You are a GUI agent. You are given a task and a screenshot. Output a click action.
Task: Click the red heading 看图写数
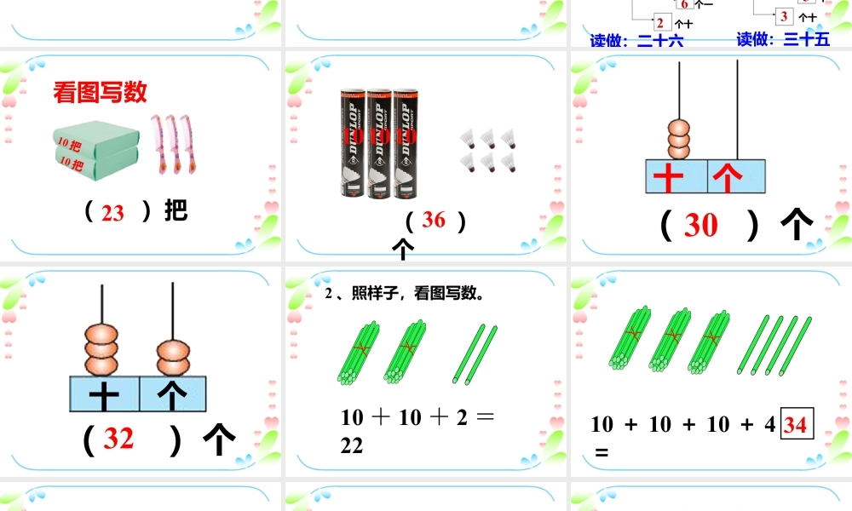pyautogui.click(x=101, y=93)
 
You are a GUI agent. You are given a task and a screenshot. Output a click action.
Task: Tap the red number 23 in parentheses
pyautogui.click(x=112, y=213)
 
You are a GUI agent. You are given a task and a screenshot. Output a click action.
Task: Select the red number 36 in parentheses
pyautogui.click(x=434, y=220)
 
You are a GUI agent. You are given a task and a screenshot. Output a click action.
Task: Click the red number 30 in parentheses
pyautogui.click(x=701, y=225)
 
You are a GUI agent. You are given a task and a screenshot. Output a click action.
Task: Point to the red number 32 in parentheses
pyautogui.click(x=119, y=438)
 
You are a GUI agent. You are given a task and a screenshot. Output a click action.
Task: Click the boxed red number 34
pyautogui.click(x=795, y=423)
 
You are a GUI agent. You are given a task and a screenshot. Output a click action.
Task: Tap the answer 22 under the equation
pyautogui.click(x=352, y=445)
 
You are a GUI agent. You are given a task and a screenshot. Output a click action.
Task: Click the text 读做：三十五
pyautogui.click(x=783, y=39)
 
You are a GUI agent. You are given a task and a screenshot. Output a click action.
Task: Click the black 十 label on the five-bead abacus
pyautogui.click(x=104, y=394)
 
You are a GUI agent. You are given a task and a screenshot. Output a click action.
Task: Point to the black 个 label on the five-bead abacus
pyautogui.click(x=172, y=394)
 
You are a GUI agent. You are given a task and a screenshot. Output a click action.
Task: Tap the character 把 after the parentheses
pyautogui.click(x=176, y=210)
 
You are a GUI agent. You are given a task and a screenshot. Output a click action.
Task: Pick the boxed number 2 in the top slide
pyautogui.click(x=660, y=22)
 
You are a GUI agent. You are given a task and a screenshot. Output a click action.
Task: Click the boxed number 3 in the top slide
pyautogui.click(x=783, y=16)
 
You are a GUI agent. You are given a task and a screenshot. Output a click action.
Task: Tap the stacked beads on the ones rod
pyautogui.click(x=173, y=359)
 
